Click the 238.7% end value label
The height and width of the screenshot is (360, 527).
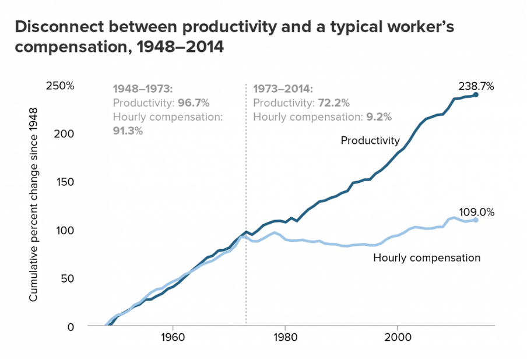476,87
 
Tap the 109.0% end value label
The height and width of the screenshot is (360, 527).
476,213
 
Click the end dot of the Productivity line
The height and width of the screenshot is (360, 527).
476,95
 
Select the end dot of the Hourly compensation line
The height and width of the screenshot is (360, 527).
476,220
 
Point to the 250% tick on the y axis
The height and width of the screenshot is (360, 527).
61,86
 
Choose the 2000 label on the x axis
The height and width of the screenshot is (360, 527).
398,338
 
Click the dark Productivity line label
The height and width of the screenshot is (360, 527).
370,140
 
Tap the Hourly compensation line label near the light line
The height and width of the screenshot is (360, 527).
427,257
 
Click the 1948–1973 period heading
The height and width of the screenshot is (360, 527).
143,89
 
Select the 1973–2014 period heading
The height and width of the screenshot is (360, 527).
283,89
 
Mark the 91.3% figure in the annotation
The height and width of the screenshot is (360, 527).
128,130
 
